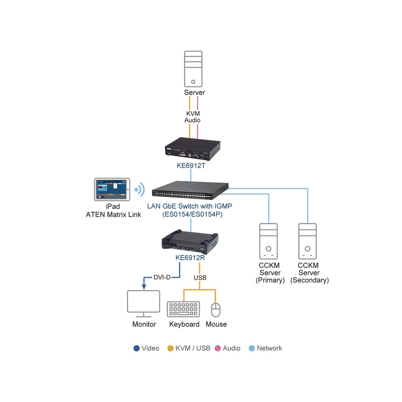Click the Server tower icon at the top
point(193,69)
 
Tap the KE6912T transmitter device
point(193,149)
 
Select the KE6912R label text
point(190,258)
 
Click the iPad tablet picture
point(112,189)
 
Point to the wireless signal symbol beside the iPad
point(140,190)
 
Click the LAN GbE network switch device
point(190,190)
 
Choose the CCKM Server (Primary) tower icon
point(269,241)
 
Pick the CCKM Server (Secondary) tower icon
point(308,241)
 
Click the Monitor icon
point(144,304)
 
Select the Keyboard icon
point(183,309)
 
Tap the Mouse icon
point(215,310)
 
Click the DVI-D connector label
point(162,277)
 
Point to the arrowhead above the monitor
point(144,287)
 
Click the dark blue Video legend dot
point(136,348)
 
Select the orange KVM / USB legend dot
point(170,348)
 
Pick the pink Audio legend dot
point(217,348)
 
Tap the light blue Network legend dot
point(252,348)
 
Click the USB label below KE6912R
point(200,278)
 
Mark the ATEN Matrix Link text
point(113,215)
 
